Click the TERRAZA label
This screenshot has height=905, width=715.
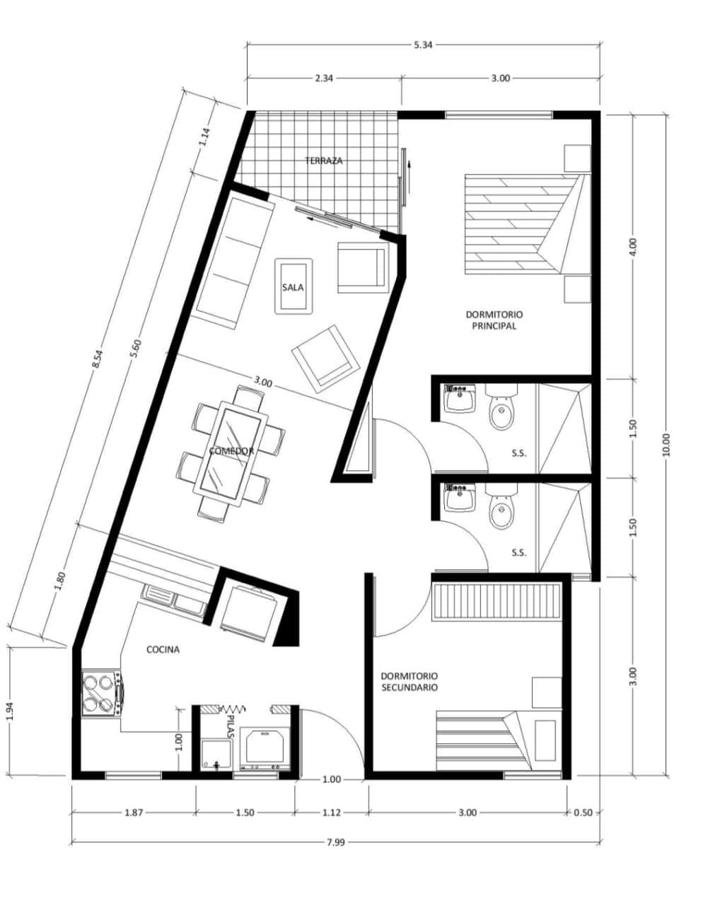[324, 160]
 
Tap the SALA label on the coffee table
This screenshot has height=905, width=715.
[293, 288]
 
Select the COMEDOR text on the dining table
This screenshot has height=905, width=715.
[231, 451]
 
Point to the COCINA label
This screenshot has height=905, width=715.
[163, 650]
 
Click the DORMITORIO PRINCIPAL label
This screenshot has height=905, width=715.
[494, 320]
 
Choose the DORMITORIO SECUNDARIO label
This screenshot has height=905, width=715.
[409, 682]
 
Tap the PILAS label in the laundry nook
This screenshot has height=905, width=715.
[230, 727]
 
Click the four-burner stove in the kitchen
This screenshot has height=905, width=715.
[103, 694]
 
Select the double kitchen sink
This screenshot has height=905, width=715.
[173, 600]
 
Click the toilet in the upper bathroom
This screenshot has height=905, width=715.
[501, 407]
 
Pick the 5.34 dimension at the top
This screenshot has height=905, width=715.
[423, 45]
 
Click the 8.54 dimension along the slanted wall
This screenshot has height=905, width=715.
[97, 360]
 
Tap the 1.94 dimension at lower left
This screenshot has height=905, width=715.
[11, 711]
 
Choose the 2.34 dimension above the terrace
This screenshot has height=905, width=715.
[324, 78]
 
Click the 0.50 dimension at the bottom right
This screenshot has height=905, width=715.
[583, 812]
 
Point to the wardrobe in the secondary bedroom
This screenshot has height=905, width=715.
[496, 602]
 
